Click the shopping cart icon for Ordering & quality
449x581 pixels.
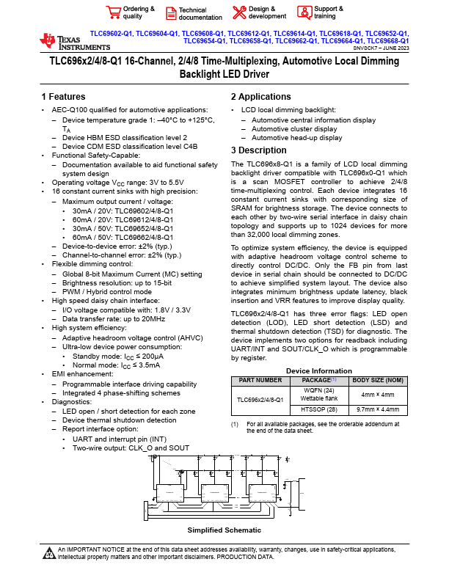coord(113,12)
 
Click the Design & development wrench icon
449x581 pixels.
coord(239,12)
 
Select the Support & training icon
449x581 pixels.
coord(304,12)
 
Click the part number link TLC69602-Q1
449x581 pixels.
coord(112,34)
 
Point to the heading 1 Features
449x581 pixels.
coord(63,97)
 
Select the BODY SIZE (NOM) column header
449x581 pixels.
coord(377,381)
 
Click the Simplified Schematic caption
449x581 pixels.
coord(224,530)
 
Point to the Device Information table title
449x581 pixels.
coord(319,371)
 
